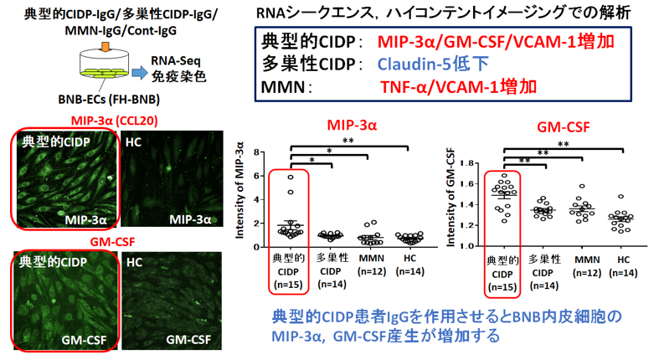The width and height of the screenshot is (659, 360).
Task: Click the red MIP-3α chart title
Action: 352,126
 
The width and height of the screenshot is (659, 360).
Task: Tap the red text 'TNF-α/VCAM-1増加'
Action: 459,86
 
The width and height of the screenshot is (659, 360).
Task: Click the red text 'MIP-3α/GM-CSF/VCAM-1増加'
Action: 492,43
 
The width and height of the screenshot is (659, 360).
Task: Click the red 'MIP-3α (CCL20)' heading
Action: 115,120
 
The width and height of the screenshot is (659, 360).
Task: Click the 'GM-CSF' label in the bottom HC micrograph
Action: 186,341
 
